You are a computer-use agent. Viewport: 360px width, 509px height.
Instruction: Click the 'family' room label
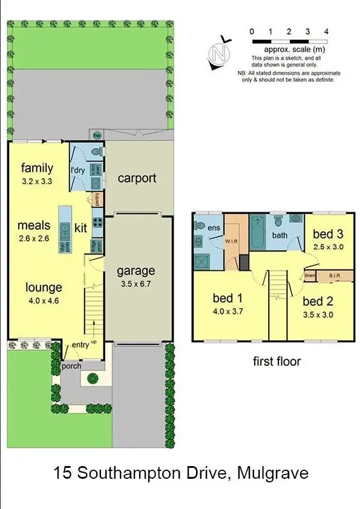[37, 168]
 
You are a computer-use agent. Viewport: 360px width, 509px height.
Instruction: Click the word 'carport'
[137, 178]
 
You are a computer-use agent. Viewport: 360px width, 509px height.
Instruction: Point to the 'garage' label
[136, 271]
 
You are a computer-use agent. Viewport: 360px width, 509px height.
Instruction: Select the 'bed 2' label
[318, 301]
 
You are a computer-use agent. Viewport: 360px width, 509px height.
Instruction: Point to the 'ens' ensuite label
[214, 229]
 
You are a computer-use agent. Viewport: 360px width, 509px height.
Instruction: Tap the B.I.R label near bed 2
[333, 276]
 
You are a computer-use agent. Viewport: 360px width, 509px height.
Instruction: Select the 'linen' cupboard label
[310, 276]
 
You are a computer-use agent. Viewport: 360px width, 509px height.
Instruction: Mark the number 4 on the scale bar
[326, 31]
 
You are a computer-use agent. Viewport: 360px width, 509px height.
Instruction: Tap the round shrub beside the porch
[92, 379]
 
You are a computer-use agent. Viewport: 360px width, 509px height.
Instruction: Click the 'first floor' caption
[277, 361]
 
